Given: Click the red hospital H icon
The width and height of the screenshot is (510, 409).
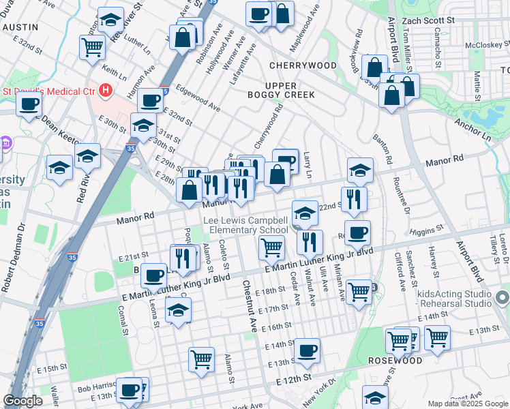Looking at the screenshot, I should pyautogui.click(x=105, y=90).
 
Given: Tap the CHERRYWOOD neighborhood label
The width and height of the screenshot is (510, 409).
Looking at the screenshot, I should pyautogui.click(x=303, y=65).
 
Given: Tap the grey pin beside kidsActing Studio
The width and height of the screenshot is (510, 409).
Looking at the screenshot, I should pyautogui.click(x=503, y=298).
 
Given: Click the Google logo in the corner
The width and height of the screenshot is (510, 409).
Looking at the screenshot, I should pyautogui.click(x=22, y=401).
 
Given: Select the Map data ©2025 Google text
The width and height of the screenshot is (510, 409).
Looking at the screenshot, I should pyautogui.click(x=468, y=404).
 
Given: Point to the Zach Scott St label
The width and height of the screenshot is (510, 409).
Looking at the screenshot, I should pyautogui.click(x=428, y=21).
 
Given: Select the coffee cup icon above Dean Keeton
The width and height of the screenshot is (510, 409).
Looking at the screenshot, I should pyautogui.click(x=29, y=104).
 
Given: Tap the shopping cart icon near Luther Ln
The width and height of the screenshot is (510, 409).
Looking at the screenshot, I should pyautogui.click(x=92, y=47).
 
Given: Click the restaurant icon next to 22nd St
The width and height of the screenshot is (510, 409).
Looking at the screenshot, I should pyautogui.click(x=354, y=198).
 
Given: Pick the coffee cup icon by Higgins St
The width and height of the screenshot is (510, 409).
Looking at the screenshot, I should pyautogui.click(x=357, y=232).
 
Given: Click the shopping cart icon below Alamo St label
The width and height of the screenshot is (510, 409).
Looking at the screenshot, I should pyautogui.click(x=201, y=359).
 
